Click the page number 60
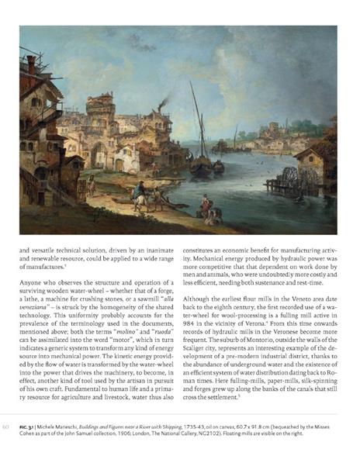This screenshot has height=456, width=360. [x=6, y=427]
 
